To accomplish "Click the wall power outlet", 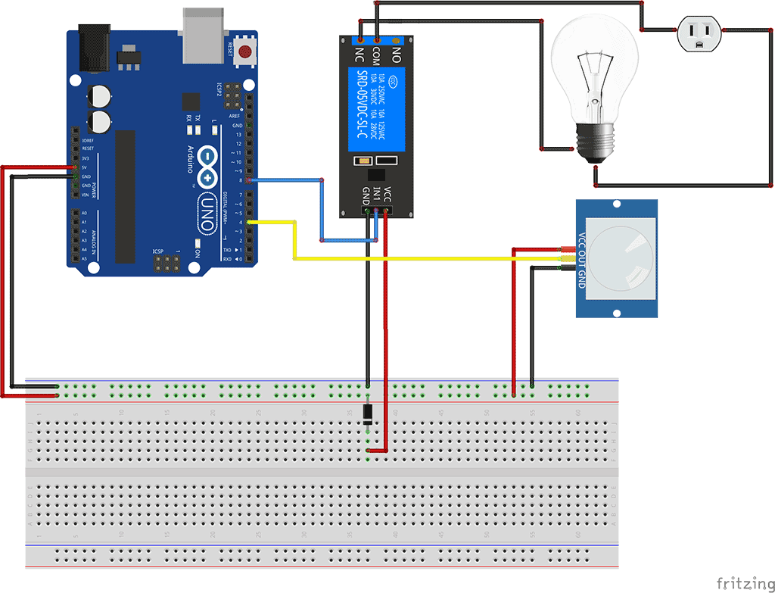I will click(x=699, y=33).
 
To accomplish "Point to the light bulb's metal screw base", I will click(x=597, y=142).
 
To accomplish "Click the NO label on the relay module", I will click(x=395, y=54).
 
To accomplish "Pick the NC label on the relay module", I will click(x=359, y=54).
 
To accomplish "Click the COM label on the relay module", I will click(x=377, y=55).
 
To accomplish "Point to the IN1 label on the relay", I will click(x=376, y=195).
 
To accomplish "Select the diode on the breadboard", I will click(x=367, y=414).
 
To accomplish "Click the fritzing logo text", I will click(x=745, y=582).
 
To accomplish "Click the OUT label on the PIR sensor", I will click(x=581, y=259).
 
